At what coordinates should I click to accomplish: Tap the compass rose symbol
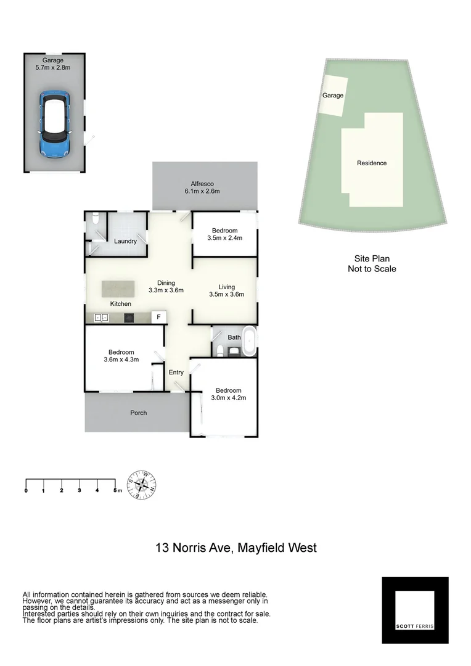point(141,484)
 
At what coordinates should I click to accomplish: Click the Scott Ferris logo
point(415,610)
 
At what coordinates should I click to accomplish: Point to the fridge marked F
point(158,317)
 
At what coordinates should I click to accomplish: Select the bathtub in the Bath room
point(250,342)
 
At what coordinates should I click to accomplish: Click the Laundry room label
point(125,241)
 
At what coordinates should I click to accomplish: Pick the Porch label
point(139,413)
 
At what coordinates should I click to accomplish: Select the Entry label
point(176,372)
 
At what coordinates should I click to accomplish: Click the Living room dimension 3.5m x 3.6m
point(227,295)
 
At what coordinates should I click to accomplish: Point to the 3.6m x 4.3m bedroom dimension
point(121,360)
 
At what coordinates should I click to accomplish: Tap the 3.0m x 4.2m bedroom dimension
point(228,398)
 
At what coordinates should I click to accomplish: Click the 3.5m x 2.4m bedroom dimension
point(224,238)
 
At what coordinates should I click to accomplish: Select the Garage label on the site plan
point(333,96)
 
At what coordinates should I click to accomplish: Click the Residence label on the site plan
point(372,163)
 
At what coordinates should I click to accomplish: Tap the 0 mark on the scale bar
point(26,490)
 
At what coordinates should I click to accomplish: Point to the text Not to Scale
point(372,269)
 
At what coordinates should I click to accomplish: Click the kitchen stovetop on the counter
point(129,318)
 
